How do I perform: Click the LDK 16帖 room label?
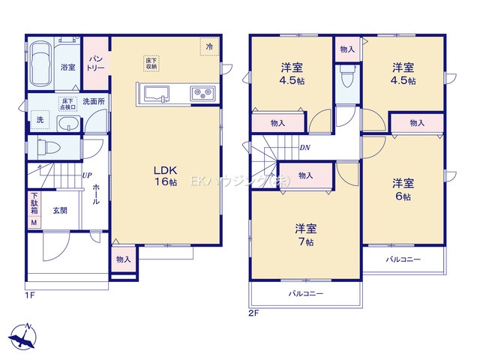pyautogui.click(x=166, y=175)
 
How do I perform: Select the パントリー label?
pyautogui.click(x=96, y=62)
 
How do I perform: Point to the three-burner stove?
pyautogui.click(x=203, y=94)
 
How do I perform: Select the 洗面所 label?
pyautogui.click(x=94, y=101)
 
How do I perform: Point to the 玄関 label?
pyautogui.click(x=60, y=211)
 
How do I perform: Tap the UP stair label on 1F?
pyautogui.click(x=86, y=175)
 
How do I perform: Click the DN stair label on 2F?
pyautogui.click(x=305, y=147)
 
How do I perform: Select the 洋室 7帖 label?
pyautogui.click(x=304, y=235)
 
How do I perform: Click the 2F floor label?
pyautogui.click(x=253, y=313)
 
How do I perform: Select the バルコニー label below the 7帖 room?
pyautogui.click(x=306, y=294)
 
